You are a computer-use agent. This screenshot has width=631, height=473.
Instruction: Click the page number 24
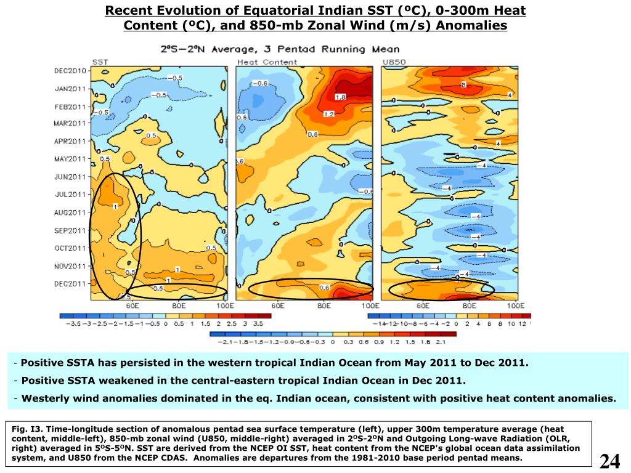[x=609, y=461]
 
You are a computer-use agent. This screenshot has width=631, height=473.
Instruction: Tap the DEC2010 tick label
[x=70, y=71]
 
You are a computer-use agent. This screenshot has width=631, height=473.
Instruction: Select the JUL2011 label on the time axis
[x=70, y=195]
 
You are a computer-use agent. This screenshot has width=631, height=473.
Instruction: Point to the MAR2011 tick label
[x=70, y=123]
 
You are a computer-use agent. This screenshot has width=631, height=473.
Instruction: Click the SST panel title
[x=100, y=62]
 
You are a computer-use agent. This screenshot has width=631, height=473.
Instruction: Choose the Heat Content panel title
[x=267, y=62]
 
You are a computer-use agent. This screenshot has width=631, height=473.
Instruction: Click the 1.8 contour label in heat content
[x=340, y=97]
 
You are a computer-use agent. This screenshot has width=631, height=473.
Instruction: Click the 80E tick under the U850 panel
[x=470, y=305]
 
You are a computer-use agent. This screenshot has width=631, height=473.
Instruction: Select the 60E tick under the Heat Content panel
[x=278, y=305]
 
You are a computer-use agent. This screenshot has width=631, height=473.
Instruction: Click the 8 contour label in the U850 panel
[x=463, y=85]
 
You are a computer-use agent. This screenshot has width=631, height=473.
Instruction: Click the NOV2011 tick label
[x=70, y=266]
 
